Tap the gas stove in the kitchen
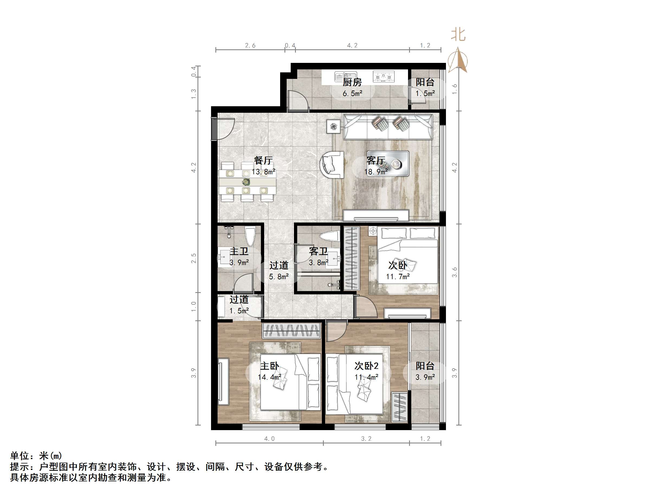[383, 77]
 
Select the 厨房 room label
[352, 82]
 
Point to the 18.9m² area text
[376, 172]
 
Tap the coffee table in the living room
[388, 163]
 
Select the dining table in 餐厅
[247, 182]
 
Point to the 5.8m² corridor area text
[279, 277]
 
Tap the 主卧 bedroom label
[269, 366]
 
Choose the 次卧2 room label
[366, 366]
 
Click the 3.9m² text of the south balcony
[425, 377]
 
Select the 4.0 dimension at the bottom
[269, 439]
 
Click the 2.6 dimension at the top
[250, 46]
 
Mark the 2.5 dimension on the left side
[194, 258]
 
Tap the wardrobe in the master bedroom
[291, 331]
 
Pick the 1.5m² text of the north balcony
[425, 93]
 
